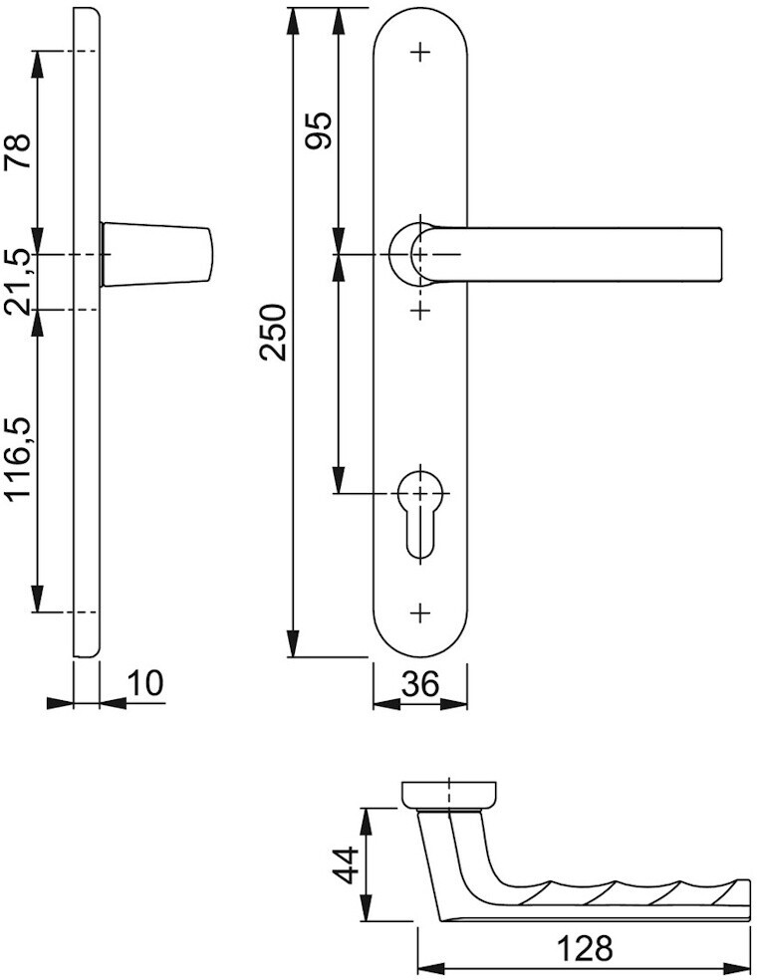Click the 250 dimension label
(273, 332)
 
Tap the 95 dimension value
(318, 130)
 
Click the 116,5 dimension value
(19, 458)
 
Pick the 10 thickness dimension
(145, 684)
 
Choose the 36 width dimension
(420, 684)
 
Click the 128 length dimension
(585, 949)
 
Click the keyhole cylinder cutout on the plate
(420, 514)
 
